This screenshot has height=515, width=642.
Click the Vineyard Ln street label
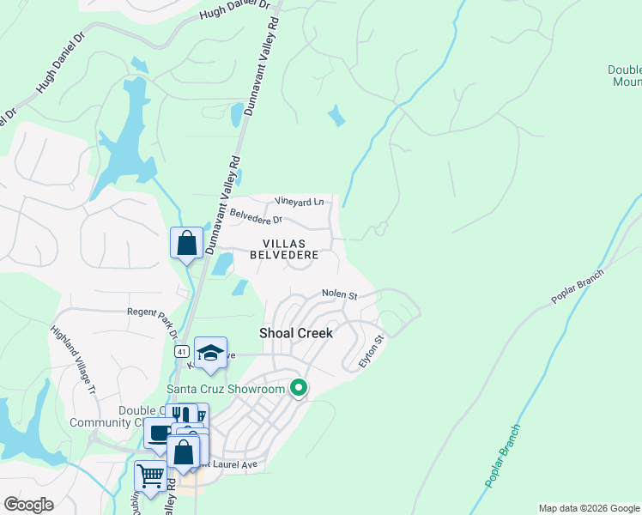point(300,202)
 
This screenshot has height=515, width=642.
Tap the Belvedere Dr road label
point(254,218)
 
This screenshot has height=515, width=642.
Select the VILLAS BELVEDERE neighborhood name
point(284,249)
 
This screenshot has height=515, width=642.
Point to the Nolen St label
point(339,294)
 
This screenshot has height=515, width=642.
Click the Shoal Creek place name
point(296,332)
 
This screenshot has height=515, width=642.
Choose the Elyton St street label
point(372,353)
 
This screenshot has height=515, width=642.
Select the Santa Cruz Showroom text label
point(225,390)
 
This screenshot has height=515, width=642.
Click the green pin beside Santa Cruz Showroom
point(299,389)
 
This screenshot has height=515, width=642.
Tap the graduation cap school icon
point(210,353)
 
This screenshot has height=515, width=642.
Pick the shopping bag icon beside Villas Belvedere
point(186,243)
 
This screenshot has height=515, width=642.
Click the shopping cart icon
point(150,476)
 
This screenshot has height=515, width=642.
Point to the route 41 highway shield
point(181,351)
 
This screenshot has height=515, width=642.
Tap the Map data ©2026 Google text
point(589,508)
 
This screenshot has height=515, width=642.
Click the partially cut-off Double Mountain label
point(624,76)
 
